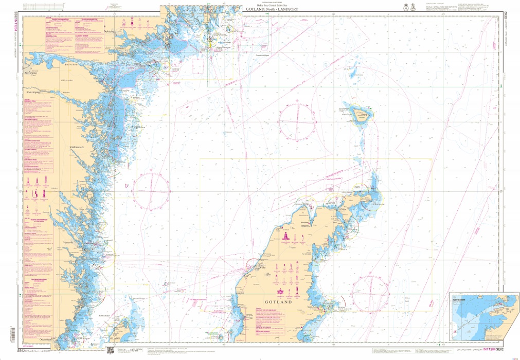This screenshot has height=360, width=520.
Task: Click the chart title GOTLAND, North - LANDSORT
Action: pos(273,9)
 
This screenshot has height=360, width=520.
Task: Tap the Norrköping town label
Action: pos(32,73)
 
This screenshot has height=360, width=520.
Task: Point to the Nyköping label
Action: pos(110,31)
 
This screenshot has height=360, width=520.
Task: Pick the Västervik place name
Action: pos(68,242)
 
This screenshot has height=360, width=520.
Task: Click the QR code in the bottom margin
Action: pos(109,351)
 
